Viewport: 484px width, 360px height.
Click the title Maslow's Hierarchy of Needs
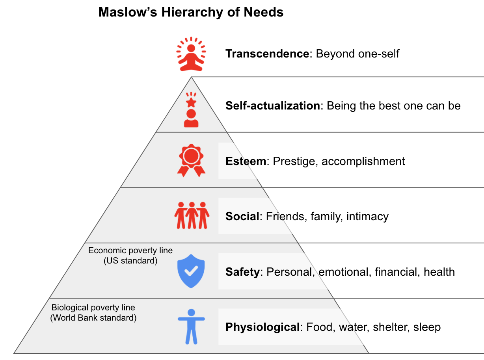[191, 12]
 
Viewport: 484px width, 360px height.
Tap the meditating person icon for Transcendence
[191, 54]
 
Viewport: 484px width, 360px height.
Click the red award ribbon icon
[192, 160]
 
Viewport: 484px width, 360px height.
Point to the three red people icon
[192, 215]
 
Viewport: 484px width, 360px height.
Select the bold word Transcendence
[267, 54]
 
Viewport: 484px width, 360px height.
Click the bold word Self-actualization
[272, 106]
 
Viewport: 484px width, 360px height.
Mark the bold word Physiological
[262, 327]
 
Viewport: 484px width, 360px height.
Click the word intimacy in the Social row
[367, 216]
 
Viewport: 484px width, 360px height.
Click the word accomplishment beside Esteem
[363, 161]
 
